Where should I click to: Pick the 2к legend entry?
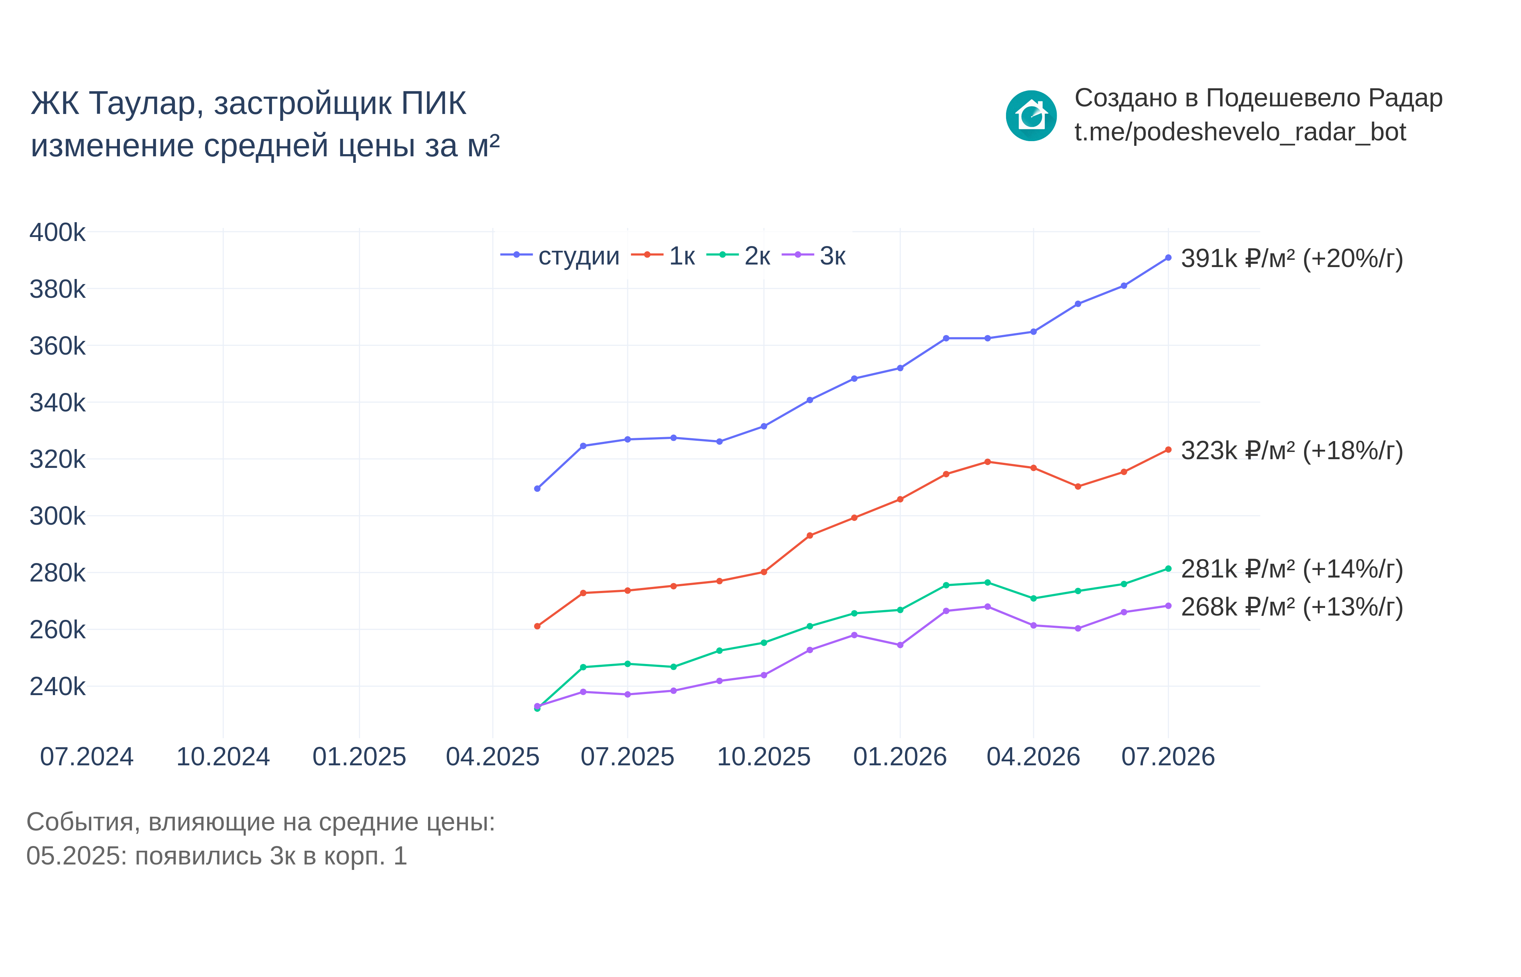point(738,256)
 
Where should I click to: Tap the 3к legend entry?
point(814,256)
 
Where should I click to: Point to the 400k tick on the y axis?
point(57,232)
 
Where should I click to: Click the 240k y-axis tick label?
point(57,686)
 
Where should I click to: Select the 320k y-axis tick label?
point(57,459)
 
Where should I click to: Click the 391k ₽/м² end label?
point(1292,259)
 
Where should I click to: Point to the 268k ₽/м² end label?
point(1292,607)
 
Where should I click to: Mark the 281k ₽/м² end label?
point(1292,569)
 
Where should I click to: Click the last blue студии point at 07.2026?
point(1168,258)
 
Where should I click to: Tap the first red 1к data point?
point(537,626)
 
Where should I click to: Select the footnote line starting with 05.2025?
point(217,856)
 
